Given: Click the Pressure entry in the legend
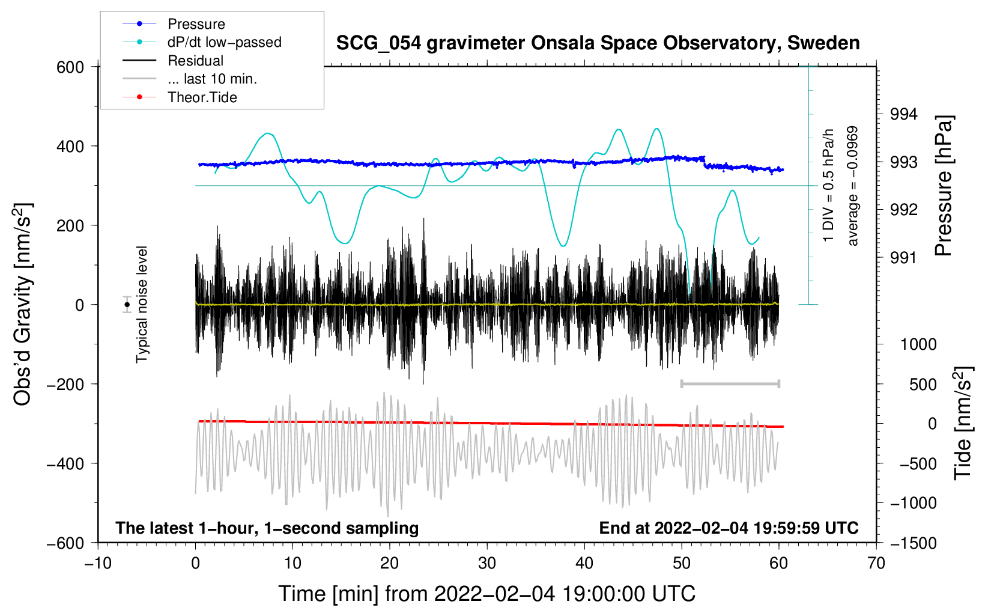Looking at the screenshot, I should point(196,24).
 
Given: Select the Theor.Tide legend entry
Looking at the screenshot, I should point(202,97).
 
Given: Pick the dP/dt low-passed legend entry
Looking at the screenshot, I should point(224,42).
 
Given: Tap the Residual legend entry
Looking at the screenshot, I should point(195,61).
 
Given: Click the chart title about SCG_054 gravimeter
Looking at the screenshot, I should point(598,43).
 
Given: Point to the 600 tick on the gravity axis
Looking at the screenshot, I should point(70,67).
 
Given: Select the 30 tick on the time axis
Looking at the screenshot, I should point(487,563).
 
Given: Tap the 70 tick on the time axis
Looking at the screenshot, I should point(876,563).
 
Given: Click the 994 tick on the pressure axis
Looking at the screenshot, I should point(904,114).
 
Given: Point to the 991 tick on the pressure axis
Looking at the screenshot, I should point(904,258).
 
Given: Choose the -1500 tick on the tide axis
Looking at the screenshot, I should point(913,543).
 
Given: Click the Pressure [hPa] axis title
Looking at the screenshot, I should point(944,186).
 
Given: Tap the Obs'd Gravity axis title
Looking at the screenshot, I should point(23,304).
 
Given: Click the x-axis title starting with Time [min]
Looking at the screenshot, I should point(486,594).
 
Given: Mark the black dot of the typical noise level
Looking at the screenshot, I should point(127,305).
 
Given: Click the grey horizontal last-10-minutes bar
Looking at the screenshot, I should point(730,383).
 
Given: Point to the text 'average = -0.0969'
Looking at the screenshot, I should point(853,186).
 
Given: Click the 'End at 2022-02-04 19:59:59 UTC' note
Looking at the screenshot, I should point(729,528).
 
